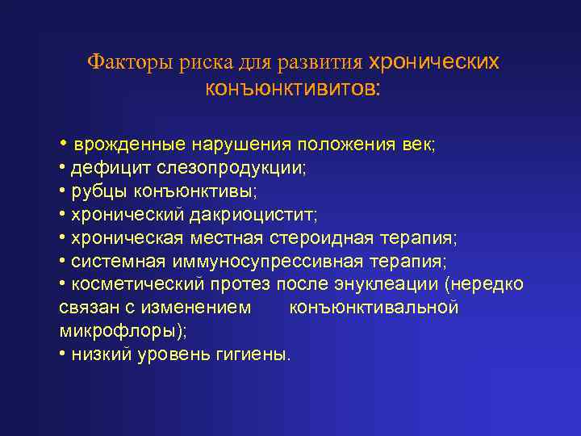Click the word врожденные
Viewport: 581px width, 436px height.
coord(129,145)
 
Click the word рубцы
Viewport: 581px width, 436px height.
coord(96,192)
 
